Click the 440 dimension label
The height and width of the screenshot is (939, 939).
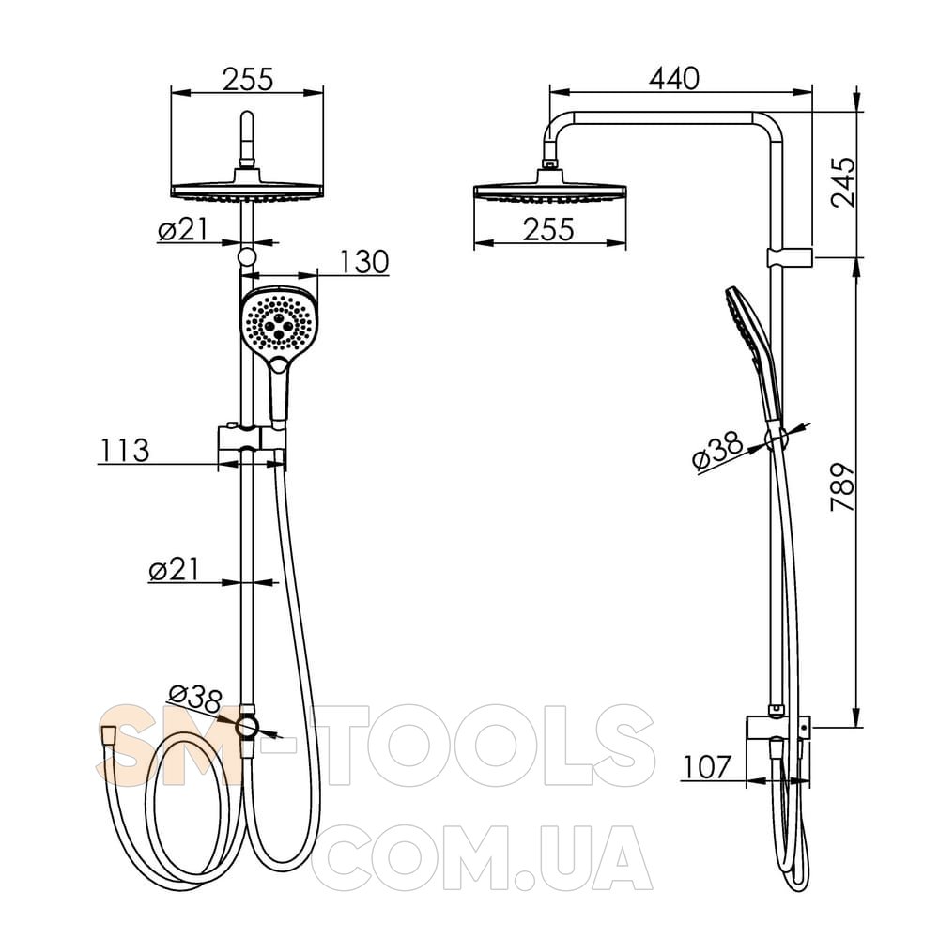click(673, 79)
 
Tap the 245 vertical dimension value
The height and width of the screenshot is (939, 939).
click(843, 182)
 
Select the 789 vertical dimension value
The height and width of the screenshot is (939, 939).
click(843, 485)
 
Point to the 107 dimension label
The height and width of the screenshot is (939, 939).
click(707, 767)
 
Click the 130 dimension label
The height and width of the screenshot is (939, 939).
click(364, 262)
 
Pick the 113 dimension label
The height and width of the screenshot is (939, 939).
click(124, 451)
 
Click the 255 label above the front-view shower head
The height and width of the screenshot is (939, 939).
click(247, 79)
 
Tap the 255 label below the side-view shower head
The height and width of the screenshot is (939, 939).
click(548, 229)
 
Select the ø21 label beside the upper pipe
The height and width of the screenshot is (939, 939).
click(183, 229)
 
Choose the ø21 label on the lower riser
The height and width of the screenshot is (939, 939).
click(174, 569)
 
